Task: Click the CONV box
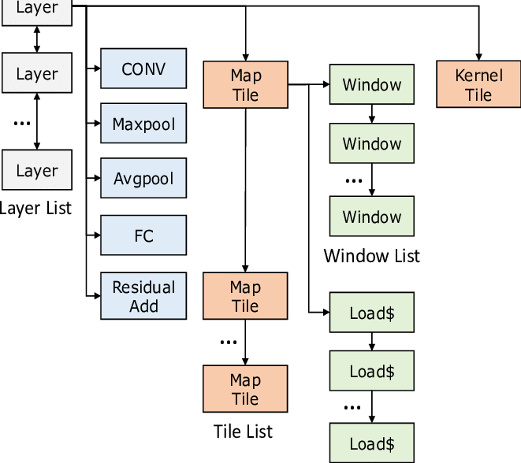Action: point(143,69)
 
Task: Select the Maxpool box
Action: point(143,124)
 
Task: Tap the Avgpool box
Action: point(143,179)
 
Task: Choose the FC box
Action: point(143,235)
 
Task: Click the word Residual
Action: point(143,287)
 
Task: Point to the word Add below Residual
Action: point(143,306)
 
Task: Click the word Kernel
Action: point(478,76)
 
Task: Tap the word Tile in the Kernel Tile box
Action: point(478,95)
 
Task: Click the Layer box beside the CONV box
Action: point(37,74)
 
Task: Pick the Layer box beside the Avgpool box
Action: point(37,171)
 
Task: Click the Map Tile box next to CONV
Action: point(245,85)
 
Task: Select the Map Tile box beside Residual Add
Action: point(245,296)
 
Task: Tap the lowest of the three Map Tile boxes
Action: point(245,389)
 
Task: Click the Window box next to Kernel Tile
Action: point(372,85)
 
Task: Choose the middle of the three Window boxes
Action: point(372,144)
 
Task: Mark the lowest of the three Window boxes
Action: point(372,217)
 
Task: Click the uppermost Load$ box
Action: point(372,313)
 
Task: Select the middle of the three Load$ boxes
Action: point(372,371)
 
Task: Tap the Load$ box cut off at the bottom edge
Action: point(372,443)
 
